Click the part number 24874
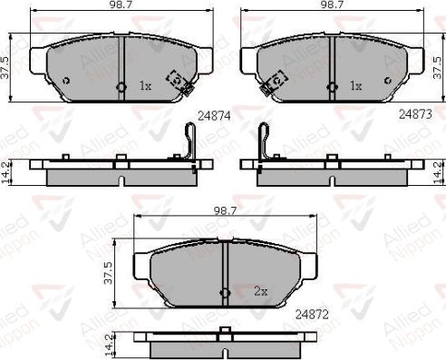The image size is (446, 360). [x=214, y=116]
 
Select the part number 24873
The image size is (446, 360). [x=415, y=114]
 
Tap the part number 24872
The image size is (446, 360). [x=312, y=315]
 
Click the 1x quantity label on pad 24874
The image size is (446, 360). [x=145, y=86]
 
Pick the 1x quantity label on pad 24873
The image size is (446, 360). [x=355, y=86]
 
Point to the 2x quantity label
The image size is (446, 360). [x=261, y=291]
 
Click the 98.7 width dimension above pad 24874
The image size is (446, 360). [x=121, y=5]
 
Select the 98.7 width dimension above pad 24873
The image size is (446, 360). [x=333, y=5]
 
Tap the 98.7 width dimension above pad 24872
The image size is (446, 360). [x=225, y=211]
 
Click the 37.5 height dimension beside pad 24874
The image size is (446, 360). [x=5, y=68]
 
